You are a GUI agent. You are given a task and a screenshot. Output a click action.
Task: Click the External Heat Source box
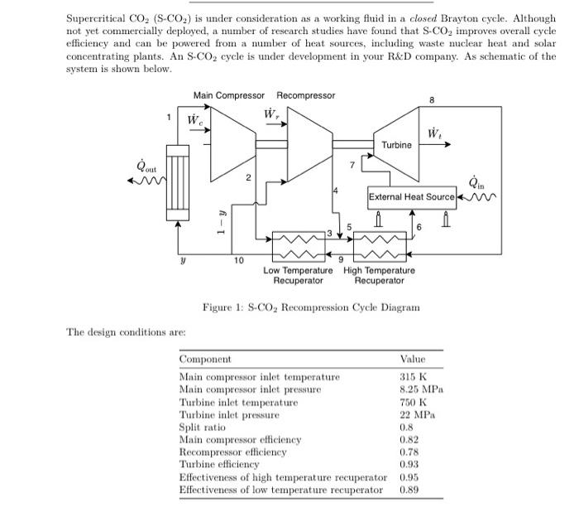click(412, 197)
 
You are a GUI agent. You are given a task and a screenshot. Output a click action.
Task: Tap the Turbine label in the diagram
click(396, 145)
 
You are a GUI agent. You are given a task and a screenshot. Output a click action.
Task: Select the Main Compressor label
click(229, 95)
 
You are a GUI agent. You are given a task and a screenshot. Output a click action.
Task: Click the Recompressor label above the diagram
click(305, 95)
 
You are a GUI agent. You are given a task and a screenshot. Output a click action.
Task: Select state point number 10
click(238, 261)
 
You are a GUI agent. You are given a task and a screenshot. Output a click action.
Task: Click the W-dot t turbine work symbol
click(433, 134)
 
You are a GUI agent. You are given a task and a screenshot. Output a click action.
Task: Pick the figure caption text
click(311, 307)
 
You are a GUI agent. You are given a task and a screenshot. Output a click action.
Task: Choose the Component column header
click(205, 360)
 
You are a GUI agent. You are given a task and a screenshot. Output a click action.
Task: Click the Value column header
click(412, 360)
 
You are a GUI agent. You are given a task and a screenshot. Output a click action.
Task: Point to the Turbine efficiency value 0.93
click(409, 464)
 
